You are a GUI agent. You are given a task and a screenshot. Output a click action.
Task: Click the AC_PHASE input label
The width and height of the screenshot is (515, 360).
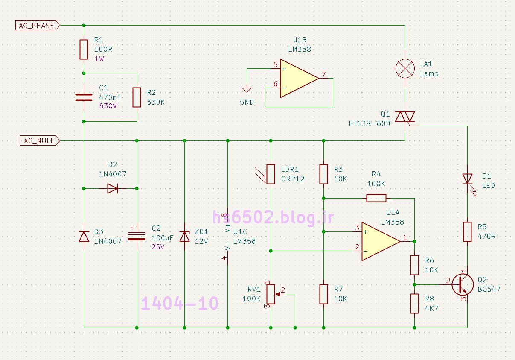click(37, 26)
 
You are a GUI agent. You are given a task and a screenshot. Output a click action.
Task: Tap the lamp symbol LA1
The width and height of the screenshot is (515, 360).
click(405, 69)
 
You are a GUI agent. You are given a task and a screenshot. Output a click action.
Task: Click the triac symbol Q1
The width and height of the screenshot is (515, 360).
click(405, 117)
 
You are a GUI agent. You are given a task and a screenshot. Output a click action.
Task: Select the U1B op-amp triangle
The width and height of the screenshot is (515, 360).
click(299, 78)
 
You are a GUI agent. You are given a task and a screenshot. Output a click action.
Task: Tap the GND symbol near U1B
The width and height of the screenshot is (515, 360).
click(247, 90)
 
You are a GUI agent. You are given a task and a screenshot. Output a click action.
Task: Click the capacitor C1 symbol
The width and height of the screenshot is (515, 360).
click(84, 97)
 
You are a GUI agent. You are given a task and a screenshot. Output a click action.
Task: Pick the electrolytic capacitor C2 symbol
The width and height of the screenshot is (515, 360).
click(137, 236)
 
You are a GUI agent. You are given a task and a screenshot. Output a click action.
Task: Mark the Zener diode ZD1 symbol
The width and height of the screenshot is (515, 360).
click(184, 236)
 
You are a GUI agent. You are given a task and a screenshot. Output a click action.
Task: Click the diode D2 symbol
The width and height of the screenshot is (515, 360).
click(112, 188)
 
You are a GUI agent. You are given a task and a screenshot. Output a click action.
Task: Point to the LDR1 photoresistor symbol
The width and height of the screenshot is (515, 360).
click(271, 174)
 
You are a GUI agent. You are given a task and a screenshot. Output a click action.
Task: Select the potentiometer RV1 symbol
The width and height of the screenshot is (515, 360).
click(271, 294)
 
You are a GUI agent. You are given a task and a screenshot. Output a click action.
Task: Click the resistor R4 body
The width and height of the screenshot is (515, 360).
click(376, 198)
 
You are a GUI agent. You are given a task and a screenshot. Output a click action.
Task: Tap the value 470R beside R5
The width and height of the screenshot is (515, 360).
click(487, 236)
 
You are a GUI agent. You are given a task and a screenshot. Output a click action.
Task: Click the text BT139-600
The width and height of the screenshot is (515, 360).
click(369, 124)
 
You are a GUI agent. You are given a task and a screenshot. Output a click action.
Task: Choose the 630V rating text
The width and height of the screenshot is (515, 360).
click(108, 106)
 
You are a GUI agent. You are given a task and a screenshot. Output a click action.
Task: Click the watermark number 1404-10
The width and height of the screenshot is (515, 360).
click(180, 304)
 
